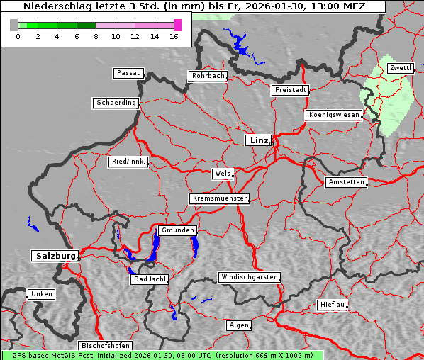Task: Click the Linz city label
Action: click(x=258, y=140)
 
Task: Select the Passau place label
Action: click(x=128, y=73)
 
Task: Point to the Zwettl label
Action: click(x=400, y=68)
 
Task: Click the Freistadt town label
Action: click(x=290, y=90)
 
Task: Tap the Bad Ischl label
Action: click(x=150, y=279)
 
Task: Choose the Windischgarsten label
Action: click(x=248, y=277)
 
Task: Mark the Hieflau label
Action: click(x=333, y=305)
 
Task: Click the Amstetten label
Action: click(x=345, y=182)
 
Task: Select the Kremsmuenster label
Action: click(x=219, y=198)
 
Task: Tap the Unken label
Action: click(x=41, y=293)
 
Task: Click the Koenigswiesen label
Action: click(x=334, y=115)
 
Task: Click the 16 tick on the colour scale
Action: click(x=174, y=36)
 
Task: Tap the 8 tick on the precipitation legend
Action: click(x=96, y=36)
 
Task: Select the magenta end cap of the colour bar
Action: click(x=177, y=25)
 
